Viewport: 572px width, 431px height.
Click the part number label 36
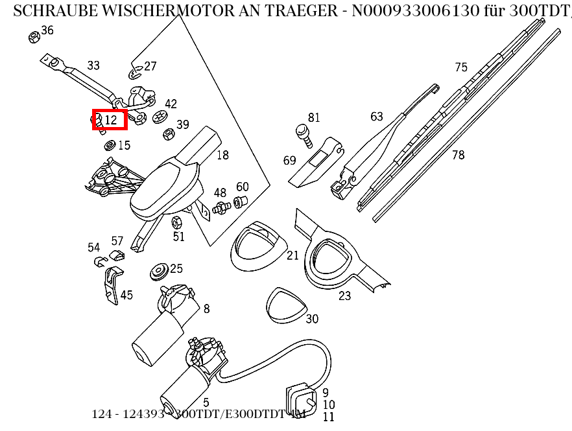pos(47,30)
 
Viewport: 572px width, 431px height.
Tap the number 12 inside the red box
pos(111,120)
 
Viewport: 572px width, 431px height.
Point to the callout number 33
pos(93,65)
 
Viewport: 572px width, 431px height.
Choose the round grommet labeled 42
pos(160,117)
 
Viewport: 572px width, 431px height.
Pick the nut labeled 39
pos(167,134)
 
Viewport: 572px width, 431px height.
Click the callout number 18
pos(222,155)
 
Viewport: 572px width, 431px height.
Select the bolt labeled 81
pos(303,133)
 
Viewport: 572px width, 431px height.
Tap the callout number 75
pos(460,67)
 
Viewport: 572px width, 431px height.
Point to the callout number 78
pos(458,155)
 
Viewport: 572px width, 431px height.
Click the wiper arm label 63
pos(377,117)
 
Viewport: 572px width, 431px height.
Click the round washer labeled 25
pos(158,272)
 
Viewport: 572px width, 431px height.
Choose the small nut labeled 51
pos(175,223)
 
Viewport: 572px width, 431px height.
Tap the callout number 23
pos(344,296)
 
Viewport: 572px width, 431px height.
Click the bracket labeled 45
pos(112,285)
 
